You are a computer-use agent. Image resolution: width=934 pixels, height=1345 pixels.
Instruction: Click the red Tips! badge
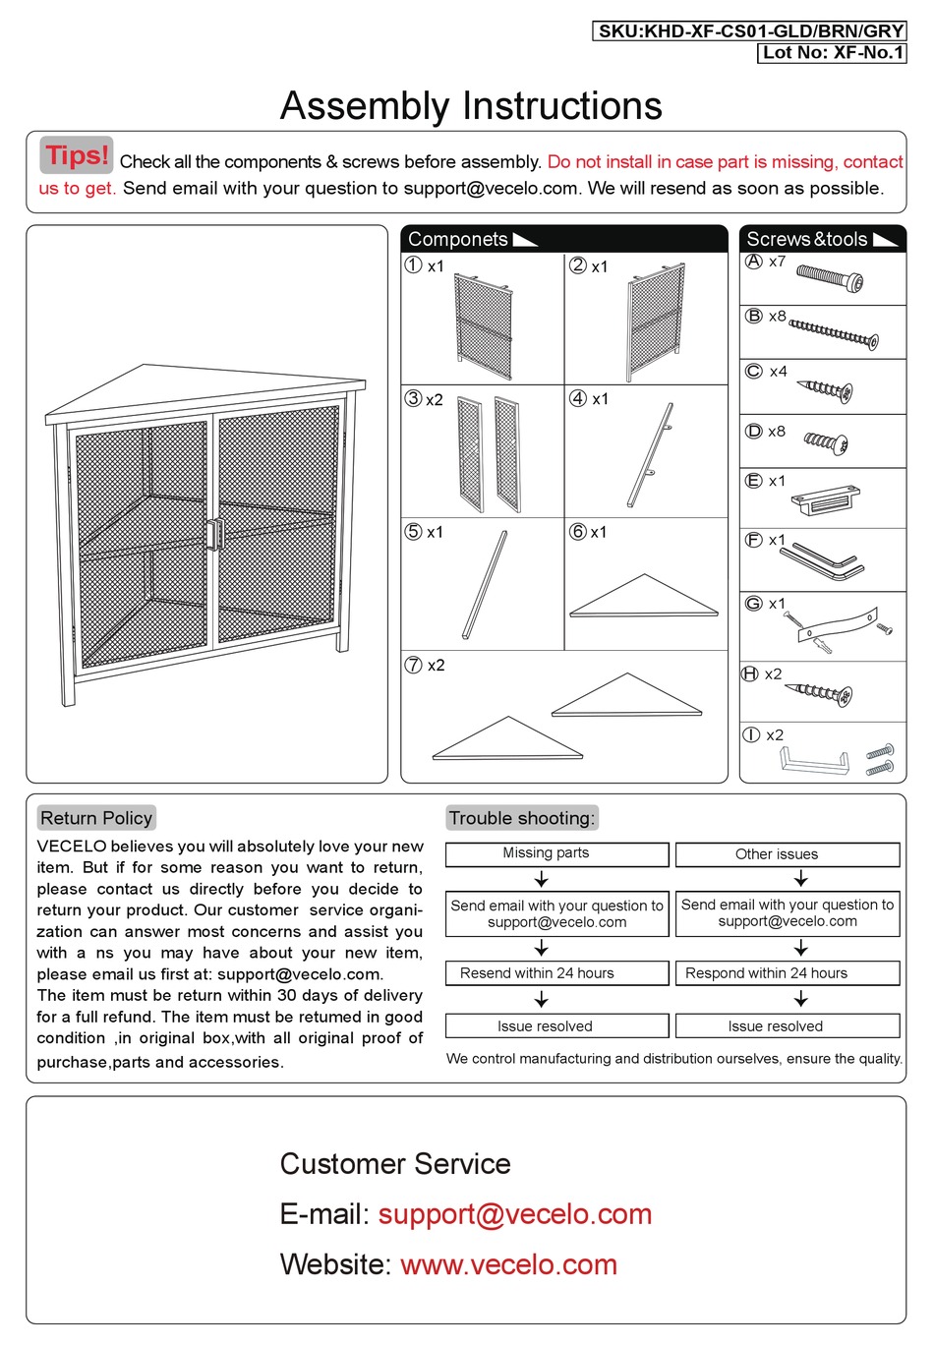77,155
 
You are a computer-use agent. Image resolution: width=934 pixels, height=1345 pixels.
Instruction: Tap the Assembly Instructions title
471,106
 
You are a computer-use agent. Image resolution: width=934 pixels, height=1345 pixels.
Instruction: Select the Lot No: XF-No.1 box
832,53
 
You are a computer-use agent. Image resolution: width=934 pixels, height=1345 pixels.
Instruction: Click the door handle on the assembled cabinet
213,533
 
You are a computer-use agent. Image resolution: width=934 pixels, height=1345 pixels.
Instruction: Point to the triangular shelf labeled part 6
644,598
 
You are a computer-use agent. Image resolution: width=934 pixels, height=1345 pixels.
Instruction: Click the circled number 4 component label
578,398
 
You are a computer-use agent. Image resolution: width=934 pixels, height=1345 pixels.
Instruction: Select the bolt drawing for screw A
831,278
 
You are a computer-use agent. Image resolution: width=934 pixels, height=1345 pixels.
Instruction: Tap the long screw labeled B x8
834,333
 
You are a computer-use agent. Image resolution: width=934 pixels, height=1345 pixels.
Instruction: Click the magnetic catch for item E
825,500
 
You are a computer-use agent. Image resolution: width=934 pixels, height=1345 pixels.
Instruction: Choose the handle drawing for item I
814,762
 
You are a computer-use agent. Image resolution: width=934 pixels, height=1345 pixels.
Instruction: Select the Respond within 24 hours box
787,973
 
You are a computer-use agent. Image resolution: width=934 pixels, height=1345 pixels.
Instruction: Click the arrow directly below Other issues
800,878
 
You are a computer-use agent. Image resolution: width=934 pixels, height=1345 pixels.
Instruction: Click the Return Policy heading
96,818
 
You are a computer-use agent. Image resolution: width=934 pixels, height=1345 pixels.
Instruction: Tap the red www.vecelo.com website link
508,1264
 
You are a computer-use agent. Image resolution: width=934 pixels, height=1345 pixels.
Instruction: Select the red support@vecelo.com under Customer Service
514,1214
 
